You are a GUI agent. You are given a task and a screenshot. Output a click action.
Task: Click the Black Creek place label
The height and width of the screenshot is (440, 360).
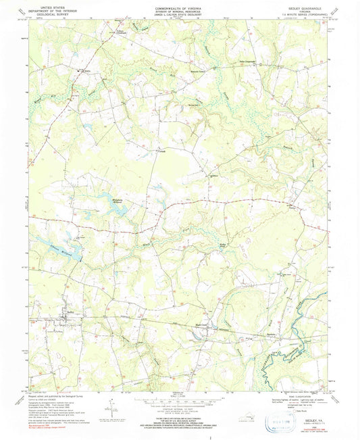pyautogui.click(x=202, y=324)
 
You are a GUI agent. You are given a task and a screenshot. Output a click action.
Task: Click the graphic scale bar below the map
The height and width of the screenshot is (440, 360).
pyautogui.click(x=179, y=401)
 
